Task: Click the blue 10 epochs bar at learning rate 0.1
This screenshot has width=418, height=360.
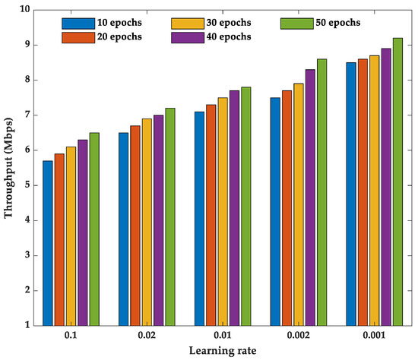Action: [x=48, y=243]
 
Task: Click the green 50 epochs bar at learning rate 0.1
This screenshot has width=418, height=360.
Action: [x=94, y=229]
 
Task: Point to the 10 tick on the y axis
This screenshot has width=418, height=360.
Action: [x=24, y=10]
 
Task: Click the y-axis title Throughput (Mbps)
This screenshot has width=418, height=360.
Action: [x=9, y=167]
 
